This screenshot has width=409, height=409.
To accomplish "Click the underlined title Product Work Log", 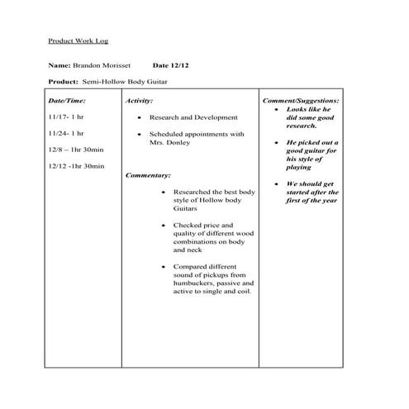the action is [x=78, y=40].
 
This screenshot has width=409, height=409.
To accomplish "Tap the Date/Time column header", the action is [x=68, y=100].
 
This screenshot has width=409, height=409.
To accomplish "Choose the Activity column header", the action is [x=140, y=100].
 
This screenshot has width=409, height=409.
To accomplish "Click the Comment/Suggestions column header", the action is [x=299, y=100].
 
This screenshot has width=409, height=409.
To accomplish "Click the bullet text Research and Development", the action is [x=193, y=117].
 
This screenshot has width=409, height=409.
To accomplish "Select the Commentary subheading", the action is [x=149, y=175].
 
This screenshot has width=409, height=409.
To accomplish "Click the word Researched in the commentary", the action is [x=192, y=192].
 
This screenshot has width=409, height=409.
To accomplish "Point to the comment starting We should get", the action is [x=310, y=184].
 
